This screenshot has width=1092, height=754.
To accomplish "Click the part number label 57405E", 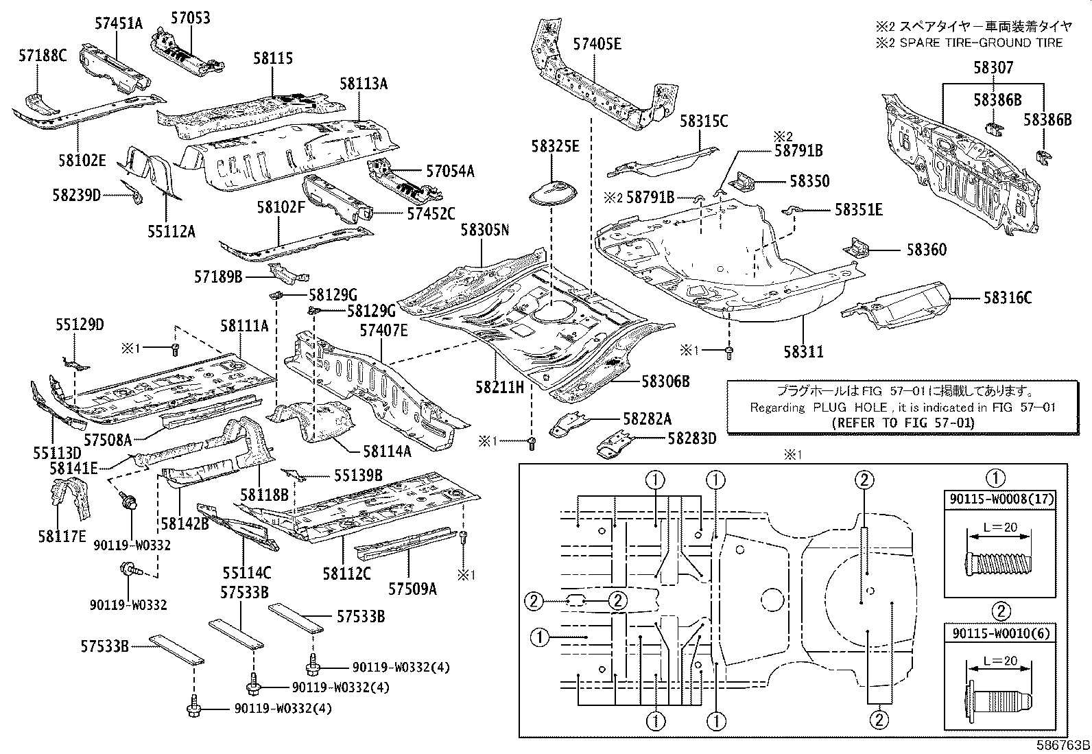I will coord(597,45).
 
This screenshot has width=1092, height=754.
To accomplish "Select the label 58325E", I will coord(554,145).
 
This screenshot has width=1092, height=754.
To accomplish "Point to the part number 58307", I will coord(993,68).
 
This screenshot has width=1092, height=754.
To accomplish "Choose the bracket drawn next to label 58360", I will coord(857,248).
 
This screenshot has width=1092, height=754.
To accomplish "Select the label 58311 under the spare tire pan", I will coord(803,352).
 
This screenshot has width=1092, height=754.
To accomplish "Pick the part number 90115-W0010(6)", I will coord(997,632).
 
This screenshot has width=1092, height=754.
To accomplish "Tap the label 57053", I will coord(191,19).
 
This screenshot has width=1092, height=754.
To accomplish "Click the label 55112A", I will coord(171,231).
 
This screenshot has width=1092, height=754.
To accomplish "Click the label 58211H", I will coord(499,388).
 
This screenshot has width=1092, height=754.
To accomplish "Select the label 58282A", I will coord(647,419).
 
